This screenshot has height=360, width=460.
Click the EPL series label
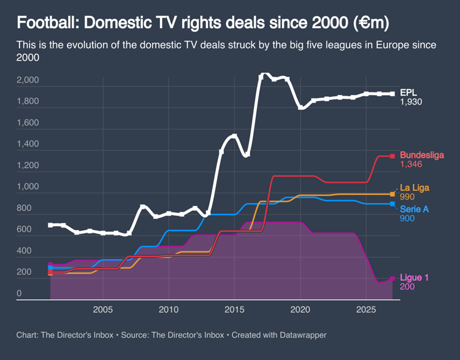pos(408,92)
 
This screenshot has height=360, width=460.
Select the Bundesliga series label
pos(421,155)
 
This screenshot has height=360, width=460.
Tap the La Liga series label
pos(415,188)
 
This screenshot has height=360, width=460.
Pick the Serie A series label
pos(414,209)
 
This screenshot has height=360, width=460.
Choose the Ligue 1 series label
pos(414,278)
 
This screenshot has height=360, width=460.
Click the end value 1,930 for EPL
pos(411,102)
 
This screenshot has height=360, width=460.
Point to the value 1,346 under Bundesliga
pos(411,165)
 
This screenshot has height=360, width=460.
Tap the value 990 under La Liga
pos(407,197)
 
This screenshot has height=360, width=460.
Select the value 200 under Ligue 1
pos(407,287)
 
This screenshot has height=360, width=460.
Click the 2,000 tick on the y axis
pos(28,80)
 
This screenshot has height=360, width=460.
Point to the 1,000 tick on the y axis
pos(28,187)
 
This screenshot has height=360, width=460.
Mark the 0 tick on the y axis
pos(19,294)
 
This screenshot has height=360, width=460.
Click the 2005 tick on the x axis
pos(102,309)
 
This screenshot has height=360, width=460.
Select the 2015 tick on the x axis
pos(234,309)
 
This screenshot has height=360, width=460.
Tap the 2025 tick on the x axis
pos(366,309)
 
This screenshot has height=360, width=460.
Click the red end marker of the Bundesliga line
pos(393,156)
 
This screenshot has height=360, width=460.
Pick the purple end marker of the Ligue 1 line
pos(393,278)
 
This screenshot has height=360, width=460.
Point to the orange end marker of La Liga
pos(393,194)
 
